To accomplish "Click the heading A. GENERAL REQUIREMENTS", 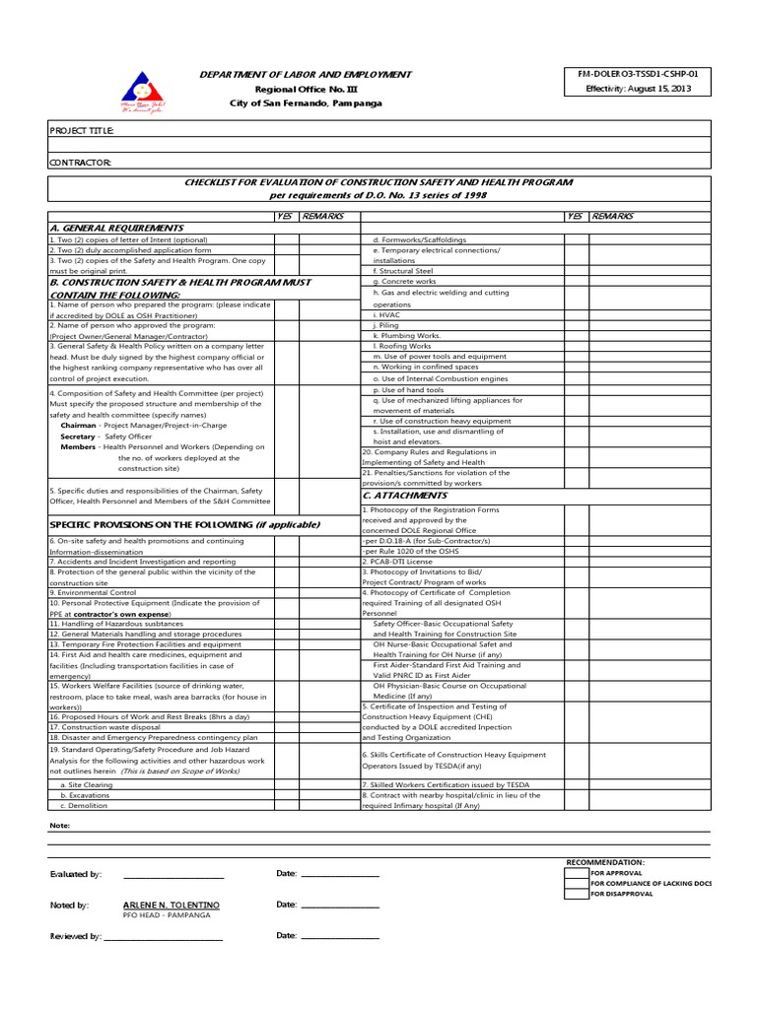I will pyautogui.click(x=116, y=228).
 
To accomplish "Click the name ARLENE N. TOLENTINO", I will pyautogui.click(x=172, y=905).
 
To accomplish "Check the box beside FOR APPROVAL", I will pyautogui.click(x=577, y=873).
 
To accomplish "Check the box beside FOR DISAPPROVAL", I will pyautogui.click(x=577, y=895).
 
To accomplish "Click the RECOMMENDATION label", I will pyautogui.click(x=605, y=862).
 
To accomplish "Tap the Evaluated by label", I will pyautogui.click(x=76, y=874).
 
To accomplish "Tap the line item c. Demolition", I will pyautogui.click(x=88, y=806).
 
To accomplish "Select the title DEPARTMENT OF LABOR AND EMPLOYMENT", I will pyautogui.click(x=306, y=75).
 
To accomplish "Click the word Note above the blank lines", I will pyautogui.click(x=59, y=825).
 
